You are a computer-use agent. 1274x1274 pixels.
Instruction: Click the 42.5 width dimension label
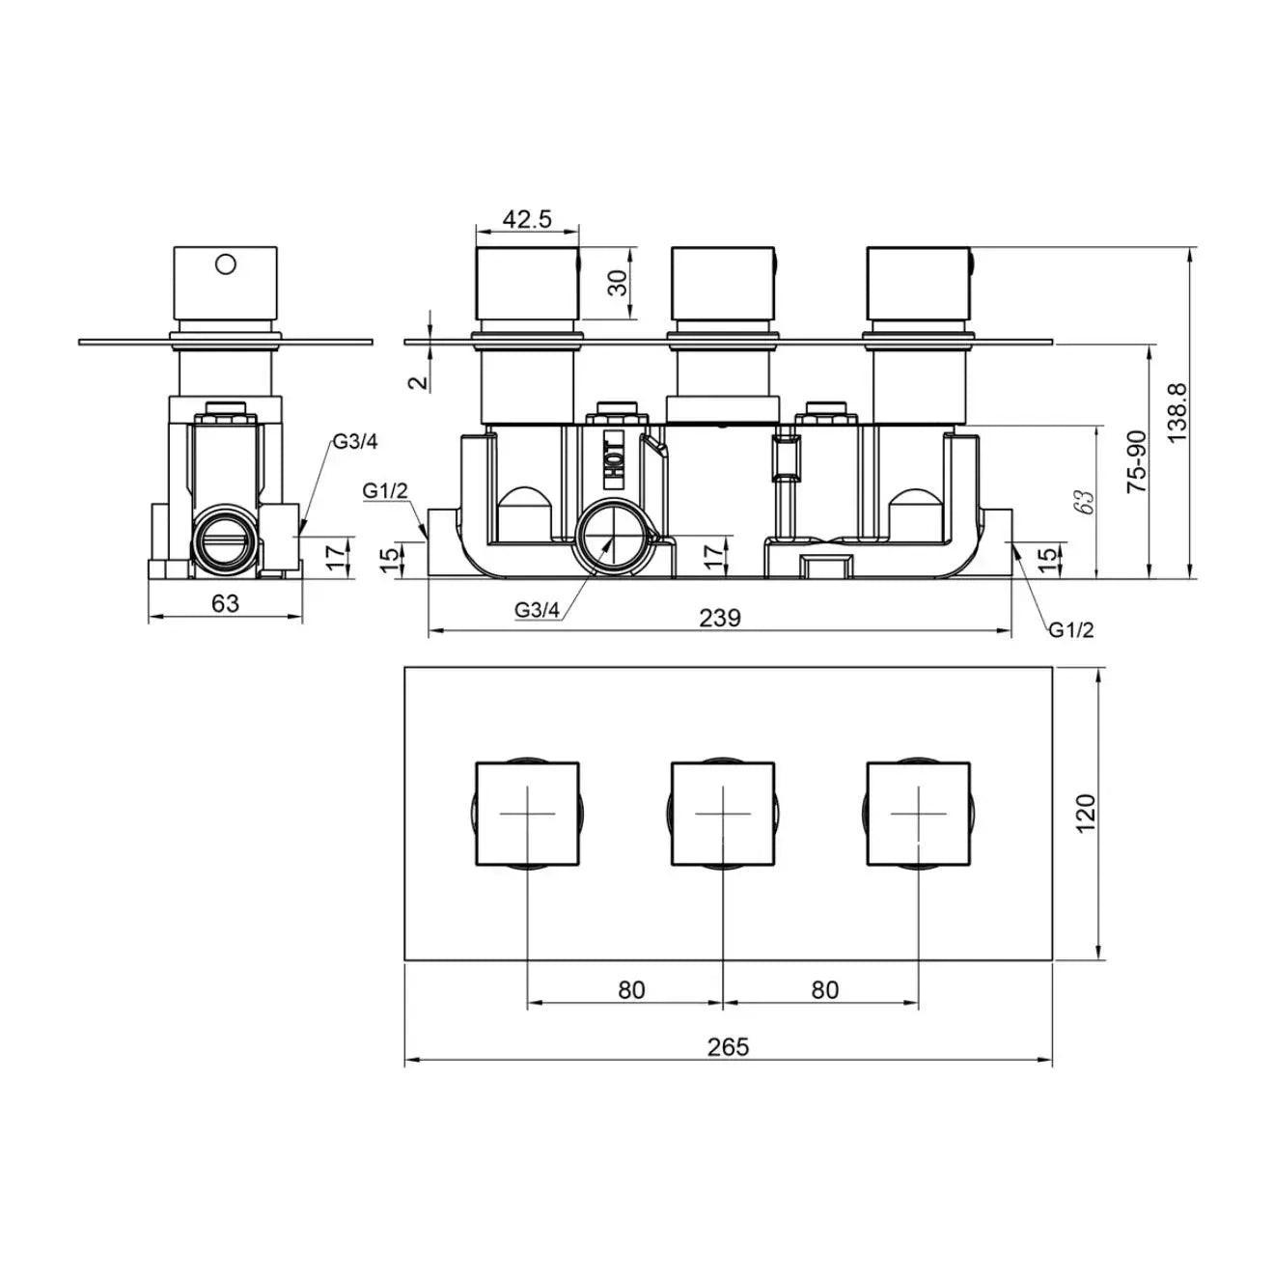527,219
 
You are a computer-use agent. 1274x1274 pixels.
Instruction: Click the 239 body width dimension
720,618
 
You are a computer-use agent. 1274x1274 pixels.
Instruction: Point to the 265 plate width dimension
728,1046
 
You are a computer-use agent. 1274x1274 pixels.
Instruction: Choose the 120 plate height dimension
1086,814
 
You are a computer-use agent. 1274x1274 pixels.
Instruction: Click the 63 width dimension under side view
225,603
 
